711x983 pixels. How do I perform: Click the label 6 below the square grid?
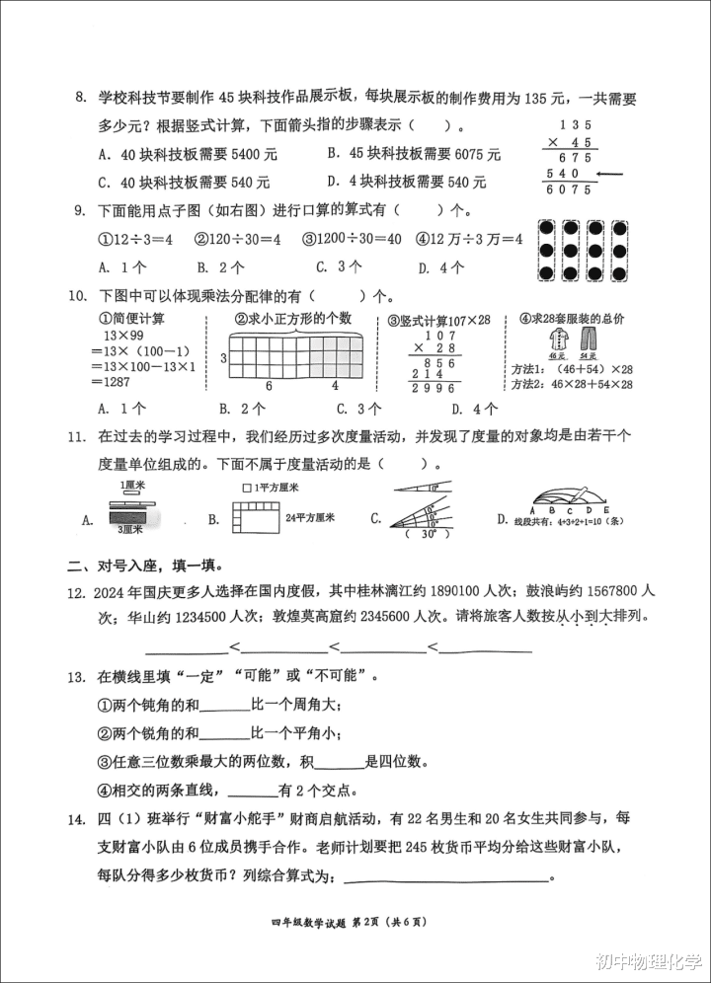(x=270, y=385)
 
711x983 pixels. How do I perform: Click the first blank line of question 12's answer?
(x=187, y=648)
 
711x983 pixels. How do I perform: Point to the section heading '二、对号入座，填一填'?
(x=143, y=566)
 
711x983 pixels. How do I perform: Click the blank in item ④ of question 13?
(x=254, y=792)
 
